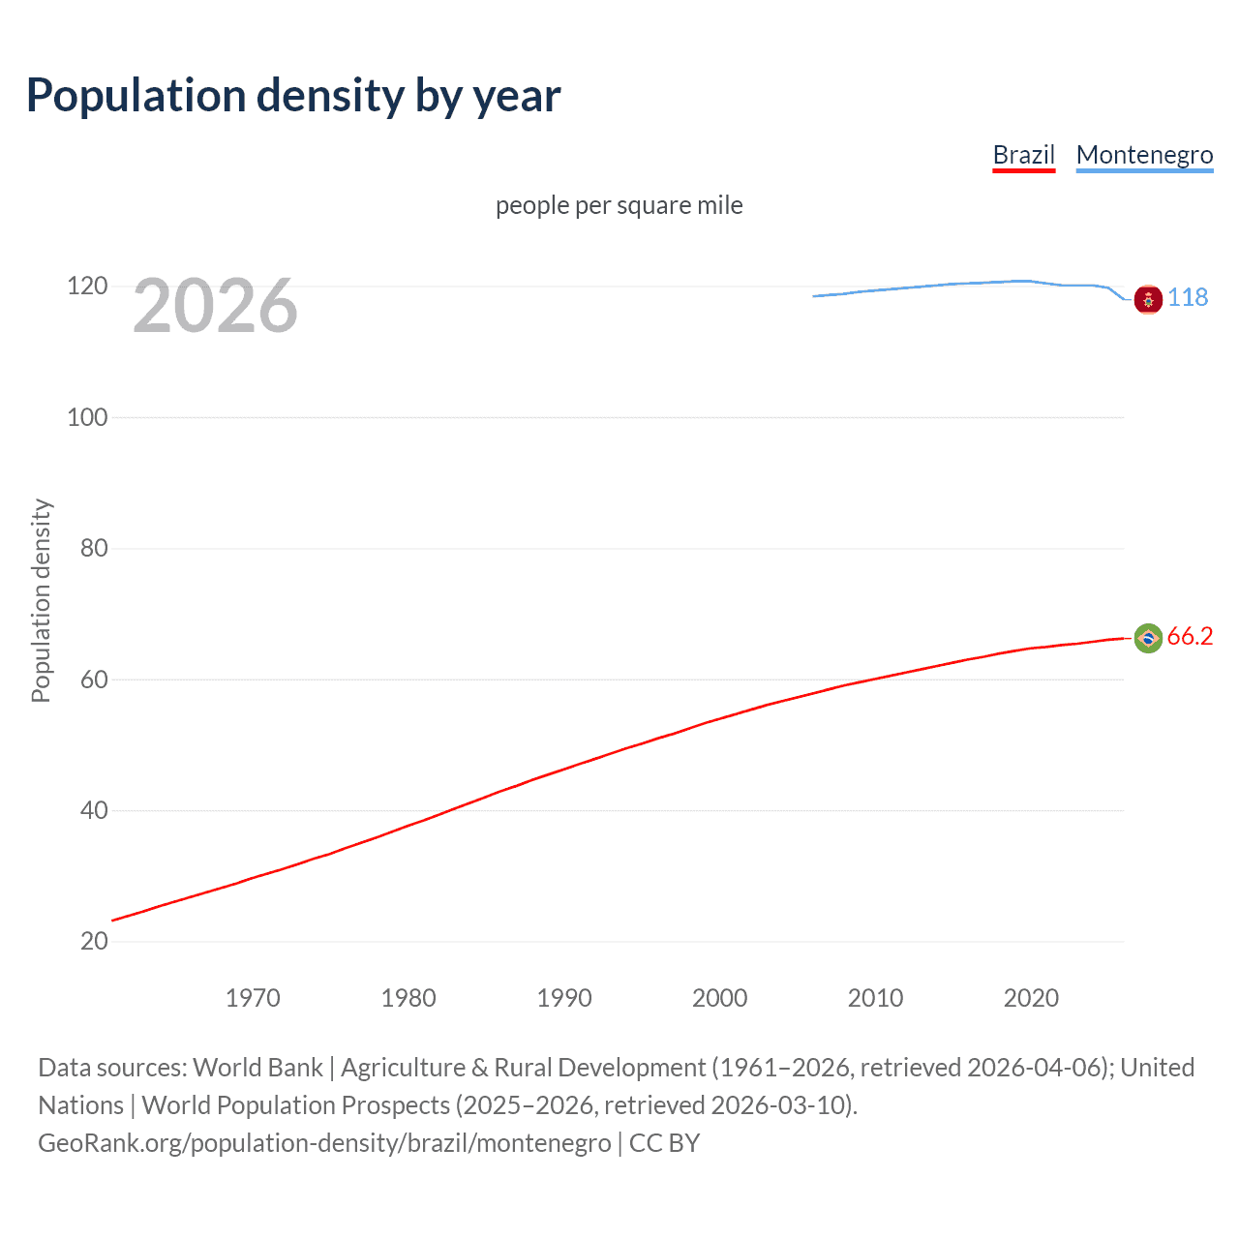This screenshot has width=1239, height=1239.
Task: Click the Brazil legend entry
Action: point(1023,155)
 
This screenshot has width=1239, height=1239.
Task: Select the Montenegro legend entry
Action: point(1144,155)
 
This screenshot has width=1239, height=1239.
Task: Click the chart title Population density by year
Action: point(293,96)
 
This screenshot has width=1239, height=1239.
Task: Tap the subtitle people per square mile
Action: point(619,205)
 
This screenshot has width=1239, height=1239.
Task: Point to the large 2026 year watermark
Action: point(215,306)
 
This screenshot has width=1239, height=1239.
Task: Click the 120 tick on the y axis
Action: point(87,286)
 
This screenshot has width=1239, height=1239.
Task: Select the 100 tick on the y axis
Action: point(87,417)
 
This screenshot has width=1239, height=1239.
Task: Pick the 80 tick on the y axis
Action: point(94,548)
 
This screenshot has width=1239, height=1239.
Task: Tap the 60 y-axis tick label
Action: point(94,680)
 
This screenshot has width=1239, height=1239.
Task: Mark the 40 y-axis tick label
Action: point(94,810)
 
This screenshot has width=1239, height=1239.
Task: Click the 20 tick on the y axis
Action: point(94,941)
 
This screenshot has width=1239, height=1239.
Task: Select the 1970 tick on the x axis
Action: point(253,998)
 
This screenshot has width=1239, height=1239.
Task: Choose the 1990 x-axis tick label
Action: point(564,998)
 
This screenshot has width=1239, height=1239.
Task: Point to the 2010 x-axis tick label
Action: point(875,998)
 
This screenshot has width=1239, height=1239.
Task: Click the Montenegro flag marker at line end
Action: point(1148,300)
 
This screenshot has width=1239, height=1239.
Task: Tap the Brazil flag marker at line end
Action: point(1148,638)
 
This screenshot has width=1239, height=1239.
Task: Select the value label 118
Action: point(1188,297)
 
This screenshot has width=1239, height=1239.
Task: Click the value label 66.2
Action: point(1190,636)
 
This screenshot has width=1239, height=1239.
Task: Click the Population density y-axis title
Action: point(41,600)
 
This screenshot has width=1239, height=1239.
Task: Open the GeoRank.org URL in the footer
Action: point(324,1143)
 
